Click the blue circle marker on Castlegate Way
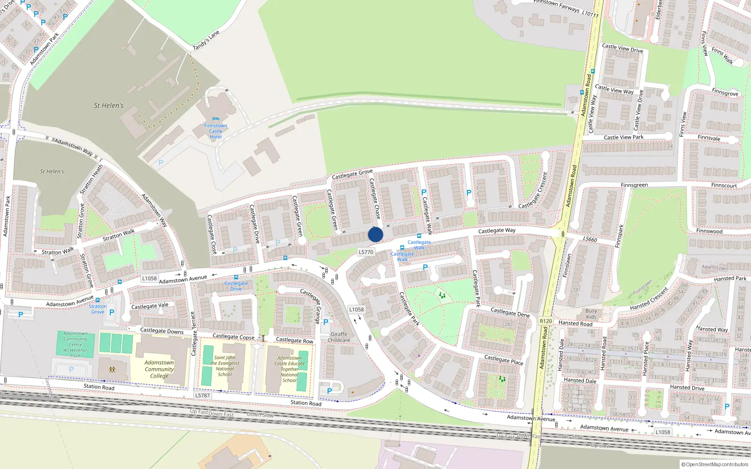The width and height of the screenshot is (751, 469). click(375, 234)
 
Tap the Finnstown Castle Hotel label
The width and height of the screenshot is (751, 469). click(215, 131)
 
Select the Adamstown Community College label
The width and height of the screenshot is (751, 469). click(159, 369)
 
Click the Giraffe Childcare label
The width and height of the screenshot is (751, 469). click(339, 337)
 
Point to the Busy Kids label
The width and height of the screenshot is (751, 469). click(591, 314)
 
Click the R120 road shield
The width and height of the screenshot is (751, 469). click(546, 321)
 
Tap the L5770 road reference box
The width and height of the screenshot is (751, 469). click(366, 252)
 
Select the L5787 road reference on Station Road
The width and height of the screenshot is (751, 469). click(202, 395)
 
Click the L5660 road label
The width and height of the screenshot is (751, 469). click(590, 240)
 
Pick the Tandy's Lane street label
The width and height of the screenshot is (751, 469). click(206, 41)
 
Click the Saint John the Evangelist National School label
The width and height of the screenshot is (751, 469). click(225, 366)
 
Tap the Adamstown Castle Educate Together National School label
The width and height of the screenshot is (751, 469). click(290, 369)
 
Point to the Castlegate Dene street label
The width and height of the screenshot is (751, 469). click(510, 312)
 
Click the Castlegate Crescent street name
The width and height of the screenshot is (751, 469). click(533, 190)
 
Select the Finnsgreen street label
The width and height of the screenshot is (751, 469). click(634, 185)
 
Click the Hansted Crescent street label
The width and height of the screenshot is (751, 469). click(649, 299)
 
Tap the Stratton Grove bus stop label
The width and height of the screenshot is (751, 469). click(98, 309)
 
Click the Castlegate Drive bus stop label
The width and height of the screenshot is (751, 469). click(236, 286)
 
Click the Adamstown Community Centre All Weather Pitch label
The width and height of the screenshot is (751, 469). click(76, 344)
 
